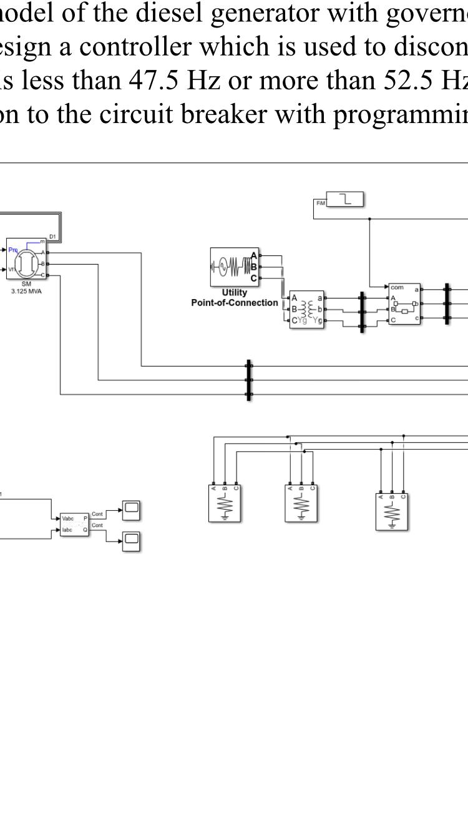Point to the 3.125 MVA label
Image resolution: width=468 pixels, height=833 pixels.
pos(26,290)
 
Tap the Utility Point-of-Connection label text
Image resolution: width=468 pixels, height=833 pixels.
pos(235,298)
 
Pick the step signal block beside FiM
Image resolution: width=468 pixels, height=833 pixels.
pos(345,199)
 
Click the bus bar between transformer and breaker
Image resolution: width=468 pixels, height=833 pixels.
pos(362,310)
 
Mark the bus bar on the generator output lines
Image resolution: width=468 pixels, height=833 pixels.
pos(249,380)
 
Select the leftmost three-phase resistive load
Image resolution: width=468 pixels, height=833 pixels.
pos(225,503)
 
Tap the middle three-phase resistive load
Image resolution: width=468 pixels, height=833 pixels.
pos(301,503)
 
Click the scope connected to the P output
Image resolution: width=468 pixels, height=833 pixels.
pos(131,510)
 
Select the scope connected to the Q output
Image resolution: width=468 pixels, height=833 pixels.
pos(131,541)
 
